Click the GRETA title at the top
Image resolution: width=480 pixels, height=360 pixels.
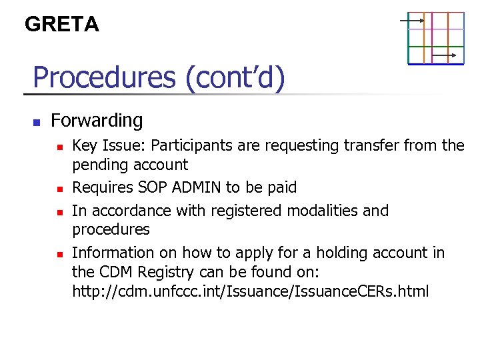[61, 25]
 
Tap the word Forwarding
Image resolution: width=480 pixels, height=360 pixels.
[97, 121]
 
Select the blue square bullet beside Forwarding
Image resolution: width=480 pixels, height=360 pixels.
[37, 123]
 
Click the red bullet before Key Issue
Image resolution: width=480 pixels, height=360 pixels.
[59, 146]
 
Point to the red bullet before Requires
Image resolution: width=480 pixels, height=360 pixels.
[59, 189]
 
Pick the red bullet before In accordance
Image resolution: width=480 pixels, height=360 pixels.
[59, 212]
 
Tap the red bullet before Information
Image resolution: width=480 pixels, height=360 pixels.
[59, 254]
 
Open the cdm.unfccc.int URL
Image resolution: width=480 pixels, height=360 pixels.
[250, 292]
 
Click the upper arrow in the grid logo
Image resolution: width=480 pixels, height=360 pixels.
[412, 20]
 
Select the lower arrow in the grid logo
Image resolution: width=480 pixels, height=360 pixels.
[444, 55]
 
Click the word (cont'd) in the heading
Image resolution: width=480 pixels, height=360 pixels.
[235, 77]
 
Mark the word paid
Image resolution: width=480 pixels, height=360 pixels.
[281, 188]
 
